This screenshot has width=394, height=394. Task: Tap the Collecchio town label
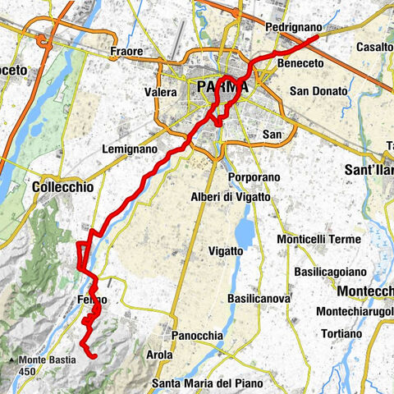[62, 187]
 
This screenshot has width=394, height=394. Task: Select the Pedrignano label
[293, 27]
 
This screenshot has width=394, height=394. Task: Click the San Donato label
[318, 90]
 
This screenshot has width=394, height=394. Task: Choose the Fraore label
[127, 52]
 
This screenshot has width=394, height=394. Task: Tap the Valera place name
[161, 92]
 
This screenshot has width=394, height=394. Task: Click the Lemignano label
[128, 149]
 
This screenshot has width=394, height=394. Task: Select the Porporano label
[254, 177]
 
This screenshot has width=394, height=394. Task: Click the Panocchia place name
[196, 336]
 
